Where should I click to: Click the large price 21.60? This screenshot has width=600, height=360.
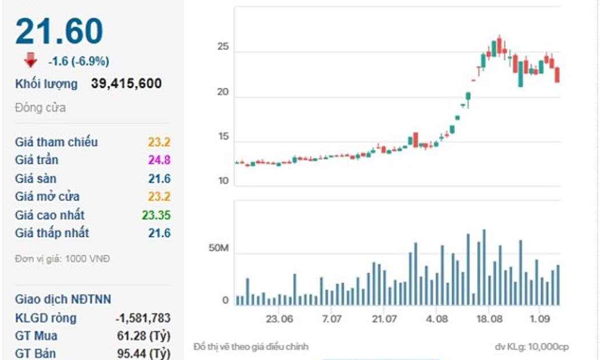[x=59, y=32]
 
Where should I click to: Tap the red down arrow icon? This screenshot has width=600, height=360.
[x=30, y=60]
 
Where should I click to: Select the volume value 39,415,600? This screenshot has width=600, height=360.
[x=126, y=84]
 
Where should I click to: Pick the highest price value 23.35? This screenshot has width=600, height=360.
[x=156, y=215]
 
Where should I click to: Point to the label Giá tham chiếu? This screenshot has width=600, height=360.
[x=56, y=142]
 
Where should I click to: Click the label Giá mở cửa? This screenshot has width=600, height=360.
[x=47, y=197]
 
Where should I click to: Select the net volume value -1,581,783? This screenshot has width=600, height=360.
[x=143, y=318]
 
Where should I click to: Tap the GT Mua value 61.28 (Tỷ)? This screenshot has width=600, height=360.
[x=143, y=336]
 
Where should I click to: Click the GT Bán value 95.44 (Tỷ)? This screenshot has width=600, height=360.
[x=143, y=354]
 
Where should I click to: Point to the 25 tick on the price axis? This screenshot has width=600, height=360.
[x=223, y=47]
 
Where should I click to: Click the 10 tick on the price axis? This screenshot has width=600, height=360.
[x=223, y=181]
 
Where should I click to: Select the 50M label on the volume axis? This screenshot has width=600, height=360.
[x=219, y=250]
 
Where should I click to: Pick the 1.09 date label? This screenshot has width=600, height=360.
[x=538, y=318]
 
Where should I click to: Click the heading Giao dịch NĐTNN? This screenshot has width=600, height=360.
[x=63, y=299]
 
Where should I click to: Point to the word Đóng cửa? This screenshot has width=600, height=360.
[x=40, y=107]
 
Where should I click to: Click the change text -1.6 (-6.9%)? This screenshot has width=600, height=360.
[x=78, y=61]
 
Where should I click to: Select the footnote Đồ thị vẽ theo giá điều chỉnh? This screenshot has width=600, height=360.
[x=251, y=346]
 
